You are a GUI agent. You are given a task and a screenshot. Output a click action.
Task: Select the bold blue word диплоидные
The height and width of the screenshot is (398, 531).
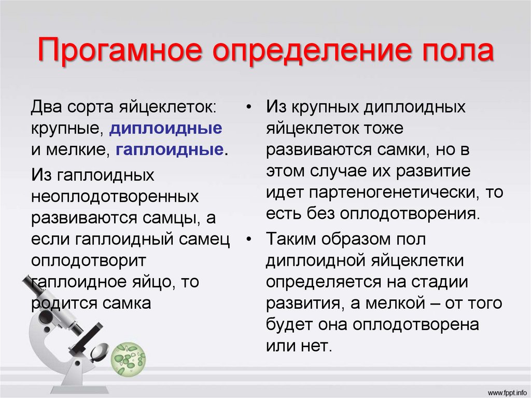tap(166, 129)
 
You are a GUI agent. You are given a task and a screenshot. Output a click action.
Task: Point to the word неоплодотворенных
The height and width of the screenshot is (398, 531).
tap(115, 197)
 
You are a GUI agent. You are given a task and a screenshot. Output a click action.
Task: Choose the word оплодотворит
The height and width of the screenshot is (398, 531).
tap(89, 259)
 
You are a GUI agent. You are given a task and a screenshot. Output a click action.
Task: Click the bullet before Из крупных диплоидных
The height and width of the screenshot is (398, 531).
tap(249, 108)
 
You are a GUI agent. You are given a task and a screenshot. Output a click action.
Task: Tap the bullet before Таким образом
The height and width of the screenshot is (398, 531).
tap(249, 240)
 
